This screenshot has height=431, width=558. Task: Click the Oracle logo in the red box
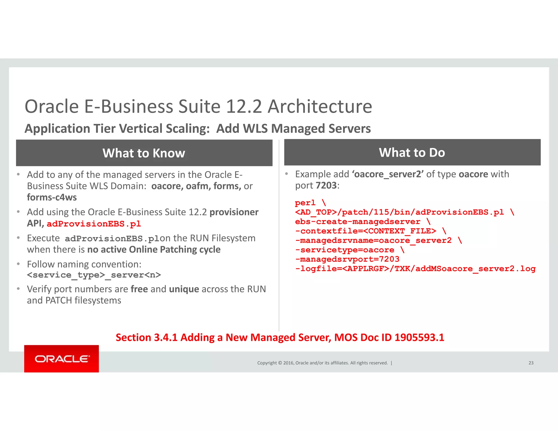tap(62, 359)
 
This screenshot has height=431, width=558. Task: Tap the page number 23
tap(531, 363)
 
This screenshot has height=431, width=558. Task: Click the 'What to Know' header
tap(144, 153)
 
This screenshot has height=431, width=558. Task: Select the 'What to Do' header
tap(412, 153)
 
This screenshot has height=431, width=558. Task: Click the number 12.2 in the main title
tap(244, 106)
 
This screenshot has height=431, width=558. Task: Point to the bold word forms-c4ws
tap(52, 197)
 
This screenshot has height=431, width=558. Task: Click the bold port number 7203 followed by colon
tap(326, 186)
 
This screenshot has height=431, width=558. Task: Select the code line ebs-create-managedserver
tap(357, 222)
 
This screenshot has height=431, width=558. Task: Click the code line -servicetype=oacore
tap(344, 250)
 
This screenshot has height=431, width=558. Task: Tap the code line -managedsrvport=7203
tap(347, 259)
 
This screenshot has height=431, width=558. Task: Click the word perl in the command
tap(305, 203)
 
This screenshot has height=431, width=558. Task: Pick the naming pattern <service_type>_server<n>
tap(94, 275)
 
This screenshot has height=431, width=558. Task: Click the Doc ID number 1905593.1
tap(419, 338)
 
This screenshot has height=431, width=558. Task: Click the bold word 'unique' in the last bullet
tap(184, 289)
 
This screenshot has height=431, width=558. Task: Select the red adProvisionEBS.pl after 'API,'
tap(94, 224)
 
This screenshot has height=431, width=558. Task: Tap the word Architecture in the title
tap(320, 106)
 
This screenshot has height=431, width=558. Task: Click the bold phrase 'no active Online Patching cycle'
tap(154, 250)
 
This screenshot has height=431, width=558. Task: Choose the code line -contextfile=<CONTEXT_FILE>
tap(366, 231)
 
